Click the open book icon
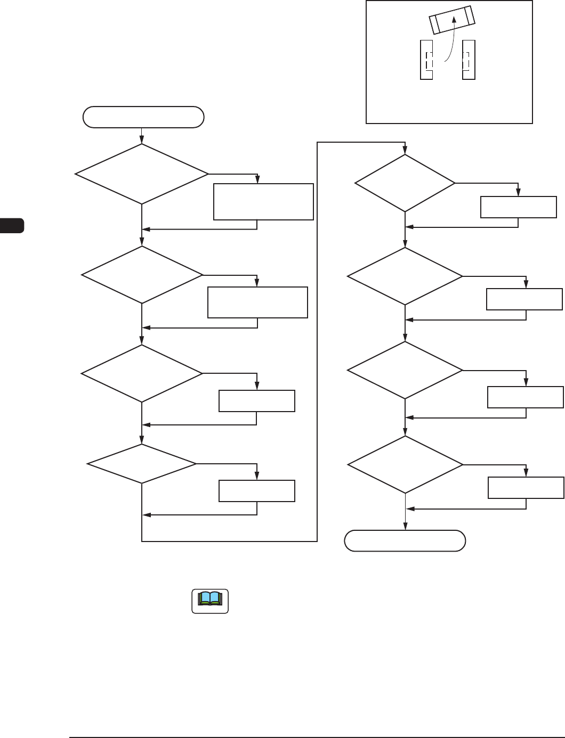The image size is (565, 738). pos(210,601)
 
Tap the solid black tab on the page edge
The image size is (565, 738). pos(12,225)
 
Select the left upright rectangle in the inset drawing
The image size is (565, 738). pos(426,60)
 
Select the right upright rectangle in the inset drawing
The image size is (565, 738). pos(469,60)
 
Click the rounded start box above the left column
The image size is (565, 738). pos(143,117)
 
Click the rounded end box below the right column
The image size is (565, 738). pos(405,540)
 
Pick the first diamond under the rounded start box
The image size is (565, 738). pos(142,174)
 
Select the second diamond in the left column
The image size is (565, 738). pos(142,275)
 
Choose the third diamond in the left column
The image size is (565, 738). pos(142,373)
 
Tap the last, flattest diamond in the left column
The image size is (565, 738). pos(142,464)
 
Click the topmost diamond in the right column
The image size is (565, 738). pos(405,183)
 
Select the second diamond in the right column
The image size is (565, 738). pos(405,276)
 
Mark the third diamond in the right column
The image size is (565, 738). pos(405,370)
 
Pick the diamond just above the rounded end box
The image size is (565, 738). pos(405,465)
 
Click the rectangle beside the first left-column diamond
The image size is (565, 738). pos(263,202)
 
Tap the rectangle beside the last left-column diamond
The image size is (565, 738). pos(257,491)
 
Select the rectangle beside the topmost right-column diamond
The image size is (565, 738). pos(519,207)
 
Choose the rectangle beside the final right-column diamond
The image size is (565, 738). pos(526,488)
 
